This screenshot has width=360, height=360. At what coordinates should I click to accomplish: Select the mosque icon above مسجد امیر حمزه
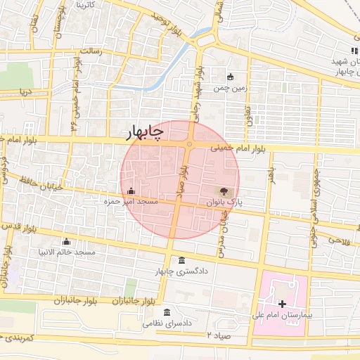click(x=131, y=191)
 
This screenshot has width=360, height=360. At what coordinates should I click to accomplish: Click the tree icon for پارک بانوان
click(x=223, y=191)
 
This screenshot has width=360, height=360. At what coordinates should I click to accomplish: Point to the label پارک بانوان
click(x=224, y=202)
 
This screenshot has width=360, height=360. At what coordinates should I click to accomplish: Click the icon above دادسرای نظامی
click(x=167, y=312)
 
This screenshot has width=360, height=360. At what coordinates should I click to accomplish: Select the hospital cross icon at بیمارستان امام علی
click(x=283, y=304)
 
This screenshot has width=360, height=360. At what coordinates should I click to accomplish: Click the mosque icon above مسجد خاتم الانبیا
click(x=67, y=240)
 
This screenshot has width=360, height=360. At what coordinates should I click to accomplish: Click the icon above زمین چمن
click(x=230, y=77)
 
